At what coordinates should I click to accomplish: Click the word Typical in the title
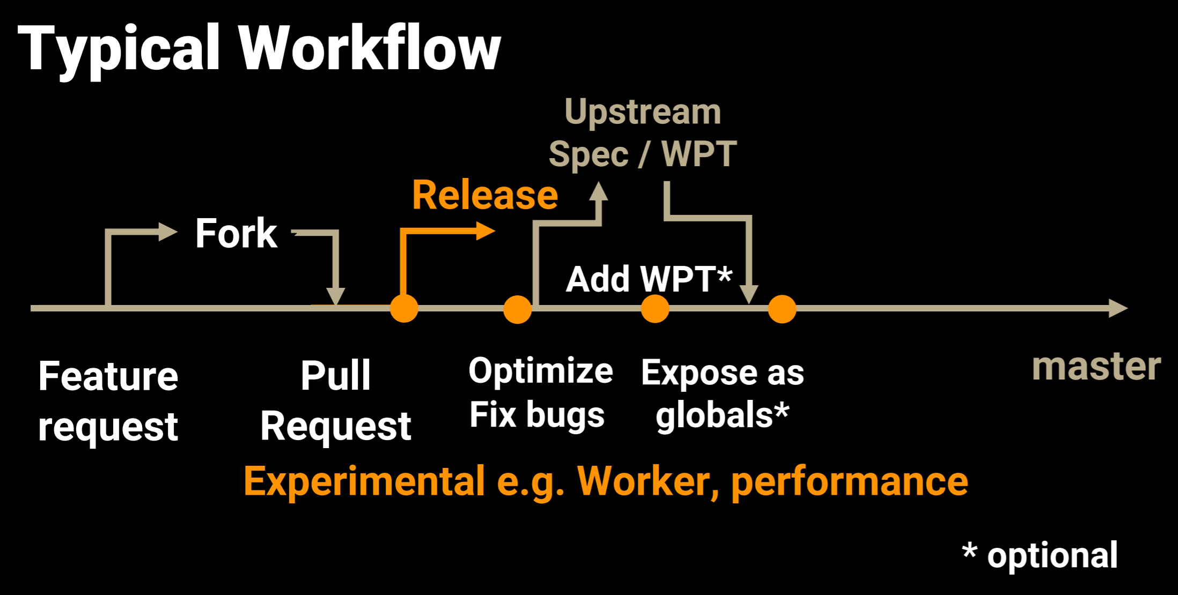[119, 49]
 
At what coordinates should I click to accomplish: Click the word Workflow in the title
[370, 49]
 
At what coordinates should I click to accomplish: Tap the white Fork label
[236, 234]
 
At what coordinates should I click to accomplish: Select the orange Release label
[485, 195]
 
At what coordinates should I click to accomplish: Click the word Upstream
[643, 112]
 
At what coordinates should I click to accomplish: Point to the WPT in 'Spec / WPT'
[699, 154]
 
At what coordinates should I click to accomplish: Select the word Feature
[108, 376]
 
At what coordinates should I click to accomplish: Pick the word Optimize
[541, 371]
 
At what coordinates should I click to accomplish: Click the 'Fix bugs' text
[537, 415]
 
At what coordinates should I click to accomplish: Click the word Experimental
[365, 481]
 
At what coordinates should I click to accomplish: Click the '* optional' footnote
[1040, 555]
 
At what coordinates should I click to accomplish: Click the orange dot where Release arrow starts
[404, 308]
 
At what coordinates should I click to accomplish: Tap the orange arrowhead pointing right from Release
[486, 231]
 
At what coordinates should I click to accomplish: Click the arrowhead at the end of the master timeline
[1118, 308]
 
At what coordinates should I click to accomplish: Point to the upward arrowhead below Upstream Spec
[599, 191]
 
